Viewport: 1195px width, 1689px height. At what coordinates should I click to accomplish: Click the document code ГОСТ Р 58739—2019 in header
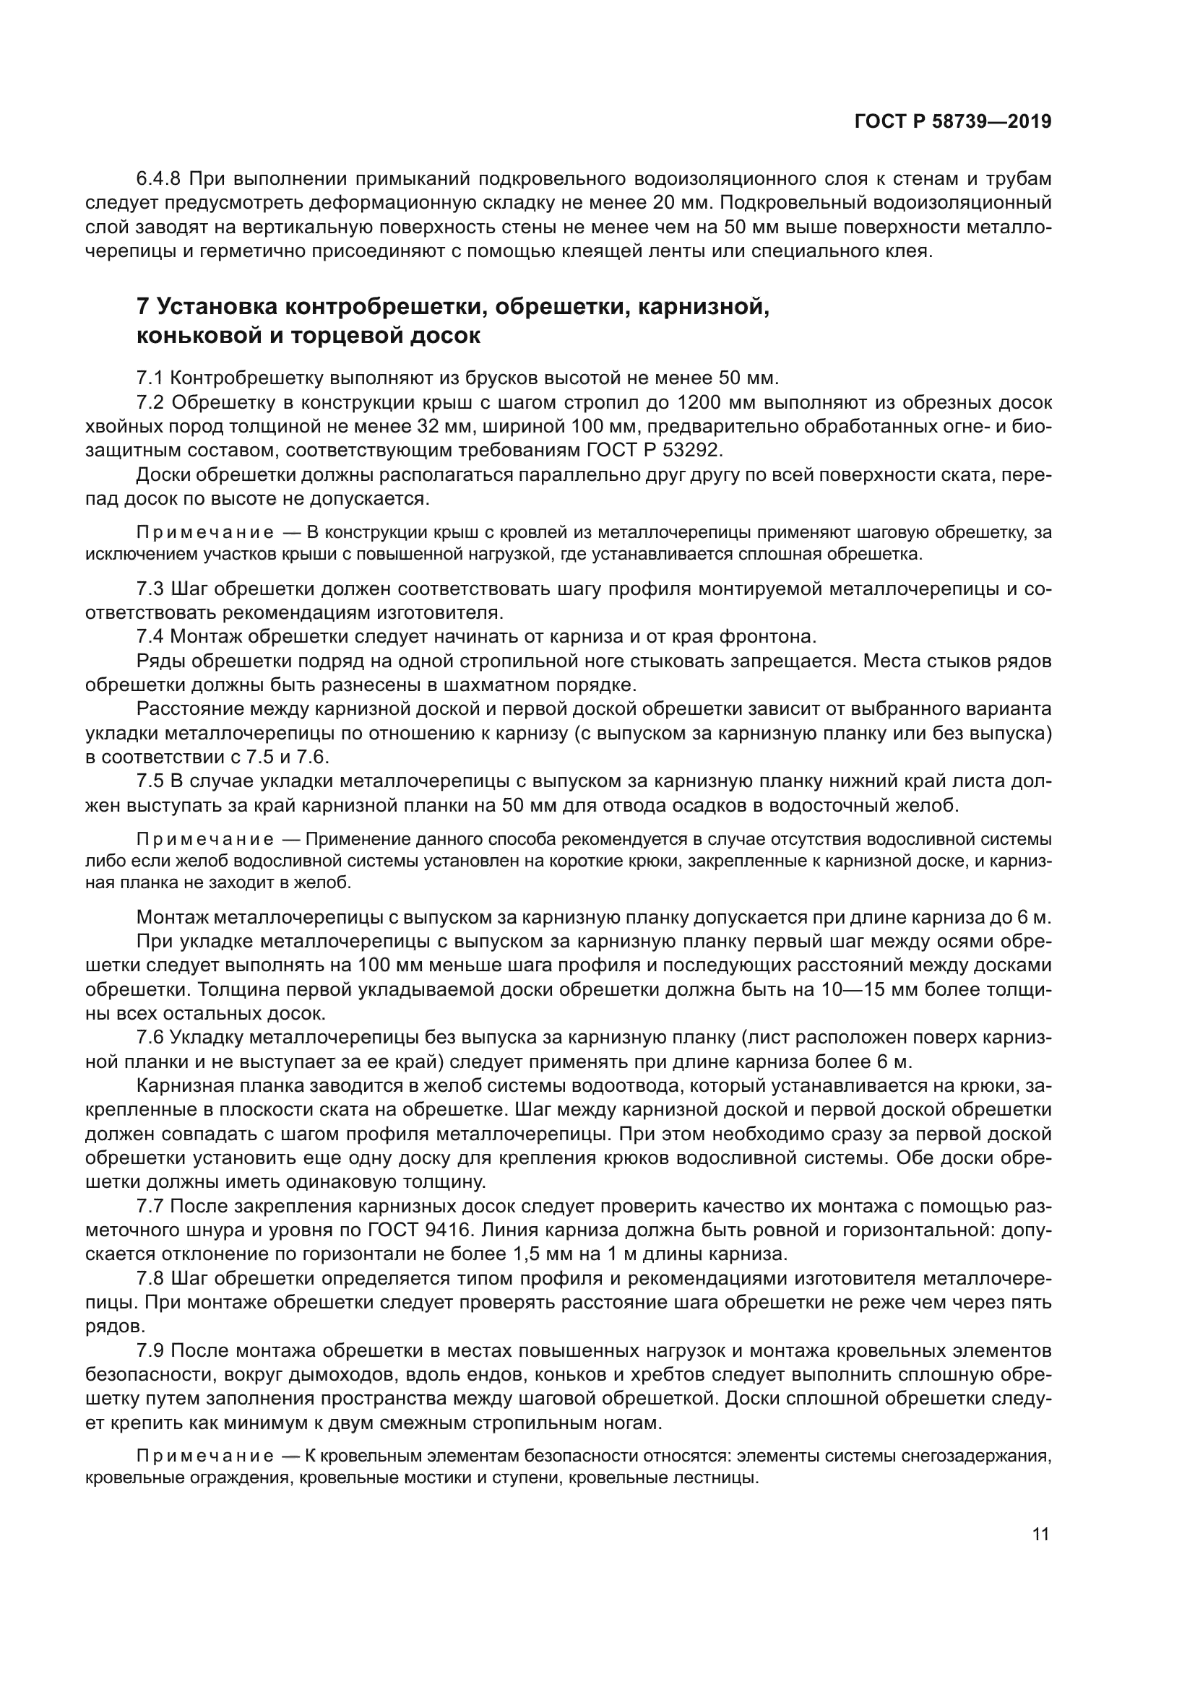tap(952, 121)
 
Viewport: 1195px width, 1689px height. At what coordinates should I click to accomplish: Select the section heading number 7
tap(144, 306)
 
